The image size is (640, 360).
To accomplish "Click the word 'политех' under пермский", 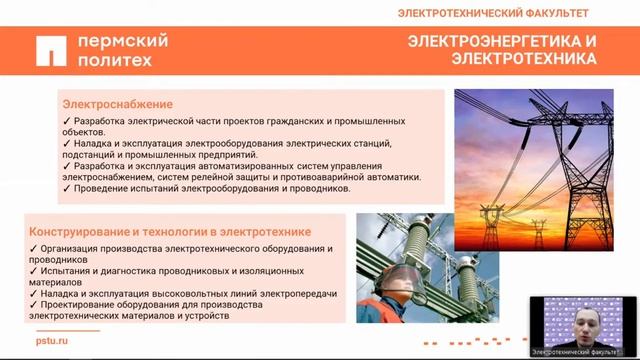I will click(x=111, y=60).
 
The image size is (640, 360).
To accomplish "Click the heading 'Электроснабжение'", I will click(x=118, y=104).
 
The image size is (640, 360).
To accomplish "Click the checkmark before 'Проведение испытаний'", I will click(x=66, y=188).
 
